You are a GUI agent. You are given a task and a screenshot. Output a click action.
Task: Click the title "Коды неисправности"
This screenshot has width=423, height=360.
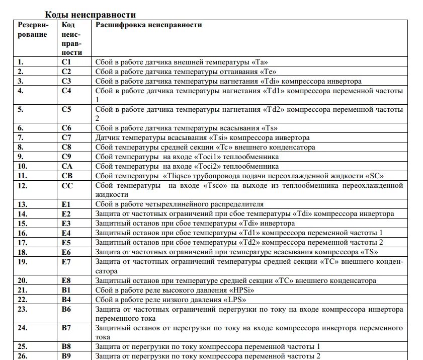[x=91, y=15]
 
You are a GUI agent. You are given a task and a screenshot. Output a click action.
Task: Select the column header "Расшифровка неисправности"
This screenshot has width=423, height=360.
[x=149, y=25]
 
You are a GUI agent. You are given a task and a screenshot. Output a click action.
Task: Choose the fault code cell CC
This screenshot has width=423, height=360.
[x=67, y=186]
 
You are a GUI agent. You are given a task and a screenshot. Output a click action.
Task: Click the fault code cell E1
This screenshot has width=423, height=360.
[x=66, y=204]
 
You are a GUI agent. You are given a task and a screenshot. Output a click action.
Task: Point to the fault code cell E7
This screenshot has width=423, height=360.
[x=66, y=262]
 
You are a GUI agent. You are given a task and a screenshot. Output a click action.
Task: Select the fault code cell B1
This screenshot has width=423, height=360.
[x=66, y=290]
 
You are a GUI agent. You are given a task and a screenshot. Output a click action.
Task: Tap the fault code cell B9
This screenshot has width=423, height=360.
[x=66, y=356]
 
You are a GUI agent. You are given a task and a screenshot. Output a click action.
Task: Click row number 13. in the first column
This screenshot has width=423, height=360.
[x=23, y=204]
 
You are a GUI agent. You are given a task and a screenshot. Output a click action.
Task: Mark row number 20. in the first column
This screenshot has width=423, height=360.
[x=23, y=280]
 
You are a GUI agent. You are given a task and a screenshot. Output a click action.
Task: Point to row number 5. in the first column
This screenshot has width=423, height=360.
[x=21, y=109]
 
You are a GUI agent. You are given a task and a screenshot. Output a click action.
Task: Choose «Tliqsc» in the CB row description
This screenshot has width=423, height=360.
[x=177, y=176]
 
